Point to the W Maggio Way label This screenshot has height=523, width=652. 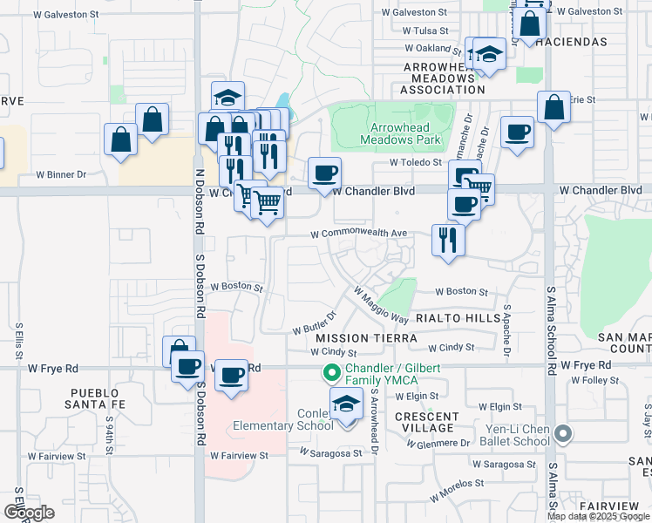(381, 305)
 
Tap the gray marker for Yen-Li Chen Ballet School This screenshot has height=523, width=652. (563, 432)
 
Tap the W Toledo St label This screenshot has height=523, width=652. (418, 162)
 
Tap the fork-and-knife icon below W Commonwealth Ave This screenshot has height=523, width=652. (448, 240)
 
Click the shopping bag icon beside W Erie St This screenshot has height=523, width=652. (554, 108)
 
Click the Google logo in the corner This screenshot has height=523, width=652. (30, 513)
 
